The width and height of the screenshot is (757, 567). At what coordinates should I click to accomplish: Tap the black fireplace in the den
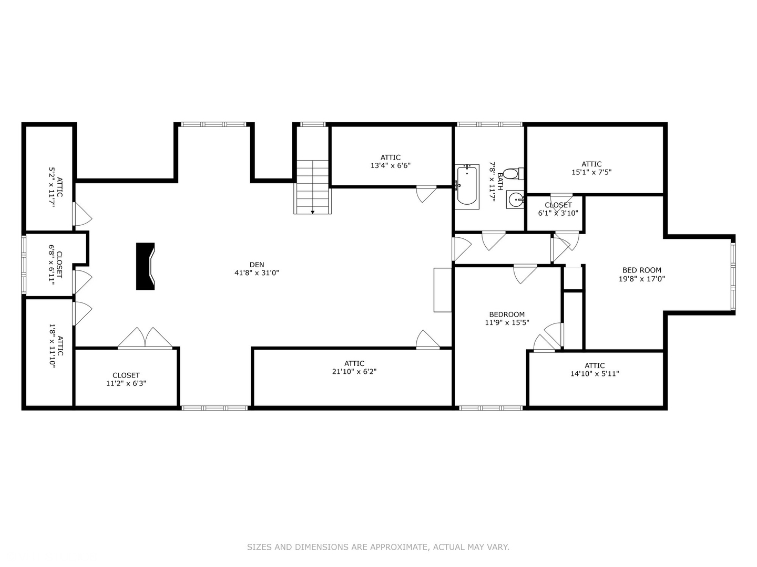coord(145,266)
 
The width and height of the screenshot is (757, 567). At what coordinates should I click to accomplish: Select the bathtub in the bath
coord(467,186)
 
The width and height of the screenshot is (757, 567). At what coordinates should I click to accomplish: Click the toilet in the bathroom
coord(514,173)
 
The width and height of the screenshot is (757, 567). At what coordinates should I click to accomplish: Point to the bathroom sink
coord(515,199)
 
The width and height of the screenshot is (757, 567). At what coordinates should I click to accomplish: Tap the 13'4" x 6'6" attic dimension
coord(391,165)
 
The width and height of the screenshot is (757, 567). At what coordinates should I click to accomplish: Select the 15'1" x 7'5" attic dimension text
coord(591,172)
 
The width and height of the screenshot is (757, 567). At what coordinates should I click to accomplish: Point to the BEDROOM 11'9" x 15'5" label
coord(507,319)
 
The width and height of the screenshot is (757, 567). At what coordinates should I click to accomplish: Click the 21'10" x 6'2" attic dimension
coord(354,372)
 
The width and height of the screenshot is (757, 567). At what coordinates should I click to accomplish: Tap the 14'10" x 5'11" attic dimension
coord(595,373)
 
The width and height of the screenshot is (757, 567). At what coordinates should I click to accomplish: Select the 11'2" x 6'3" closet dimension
coord(126,383)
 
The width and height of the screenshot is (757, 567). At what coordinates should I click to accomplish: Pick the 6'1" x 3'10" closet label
coord(558,209)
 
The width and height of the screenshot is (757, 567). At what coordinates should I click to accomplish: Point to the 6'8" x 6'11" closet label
coord(55,265)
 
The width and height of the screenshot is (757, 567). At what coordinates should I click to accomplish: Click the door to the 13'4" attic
coord(427,194)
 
